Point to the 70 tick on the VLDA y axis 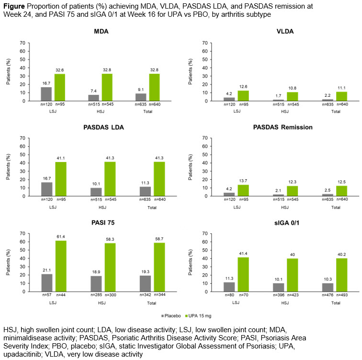205,43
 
